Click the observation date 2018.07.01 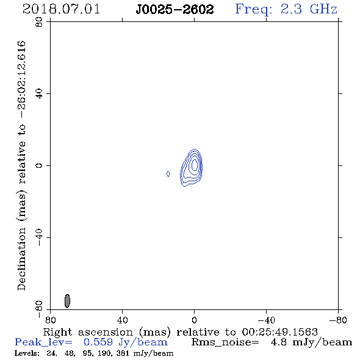pyautogui.click(x=61, y=9)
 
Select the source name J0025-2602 pyautogui.click(x=175, y=10)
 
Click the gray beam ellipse pyautogui.click(x=67, y=301)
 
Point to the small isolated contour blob pyautogui.click(x=168, y=174)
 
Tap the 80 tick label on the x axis pyautogui.click(x=50, y=320)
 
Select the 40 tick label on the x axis pyautogui.click(x=122, y=320)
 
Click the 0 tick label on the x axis pyautogui.click(x=194, y=320)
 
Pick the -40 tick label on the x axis pyautogui.click(x=266, y=320)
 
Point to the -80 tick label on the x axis pyautogui.click(x=338, y=320)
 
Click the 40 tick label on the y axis pyautogui.click(x=39, y=94)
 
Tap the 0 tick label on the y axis pyautogui.click(x=39, y=165)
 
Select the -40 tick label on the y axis pyautogui.click(x=39, y=237)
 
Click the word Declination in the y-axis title pyautogui.click(x=21, y=259)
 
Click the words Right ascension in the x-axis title pyautogui.click(x=88, y=332)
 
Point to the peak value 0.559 pyautogui.click(x=98, y=342)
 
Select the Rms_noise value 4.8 pyautogui.click(x=278, y=342)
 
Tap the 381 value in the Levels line pyautogui.click(x=123, y=353)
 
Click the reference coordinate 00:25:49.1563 pyautogui.click(x=279, y=332)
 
